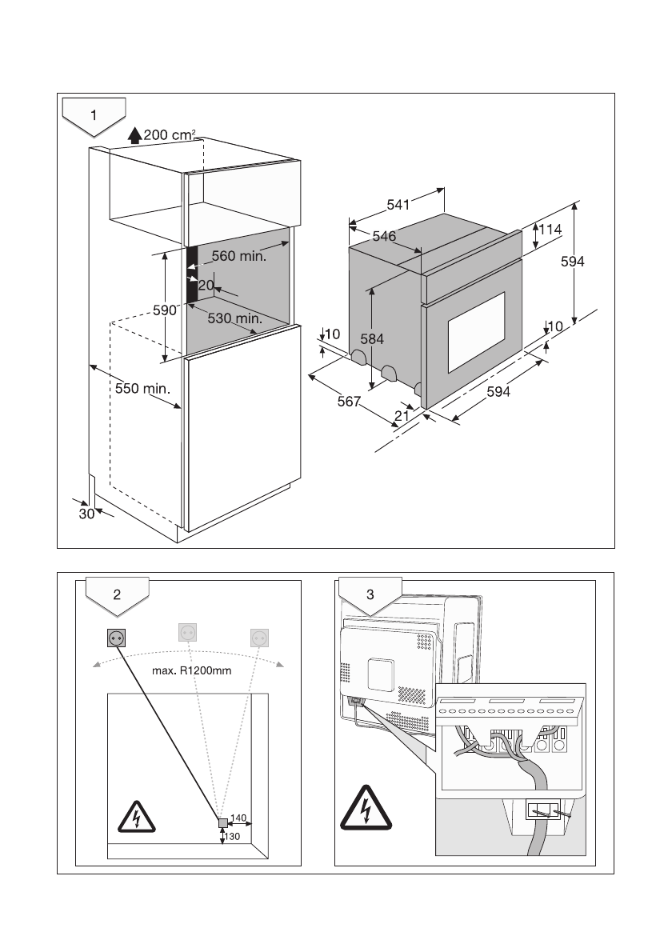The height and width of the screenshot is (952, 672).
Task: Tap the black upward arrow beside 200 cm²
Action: pyautogui.click(x=134, y=136)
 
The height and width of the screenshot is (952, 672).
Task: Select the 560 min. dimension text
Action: pyautogui.click(x=239, y=257)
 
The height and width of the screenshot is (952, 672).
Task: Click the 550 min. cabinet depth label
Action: pyautogui.click(x=142, y=389)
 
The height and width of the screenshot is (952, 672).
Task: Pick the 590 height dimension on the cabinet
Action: pyautogui.click(x=165, y=310)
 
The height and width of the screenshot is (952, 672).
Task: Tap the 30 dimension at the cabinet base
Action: pyautogui.click(x=86, y=514)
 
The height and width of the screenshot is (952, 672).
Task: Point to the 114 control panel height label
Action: pyautogui.click(x=550, y=230)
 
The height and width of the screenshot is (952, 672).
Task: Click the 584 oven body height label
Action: pyautogui.click(x=371, y=339)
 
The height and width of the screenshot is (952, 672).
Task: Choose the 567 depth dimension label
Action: pyautogui.click(x=349, y=401)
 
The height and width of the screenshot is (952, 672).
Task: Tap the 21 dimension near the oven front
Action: pyautogui.click(x=402, y=415)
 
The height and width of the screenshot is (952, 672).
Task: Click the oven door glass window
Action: pyautogui.click(x=476, y=334)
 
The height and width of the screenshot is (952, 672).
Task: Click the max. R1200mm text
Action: pyautogui.click(x=191, y=670)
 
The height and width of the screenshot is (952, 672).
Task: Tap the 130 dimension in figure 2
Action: pyautogui.click(x=233, y=837)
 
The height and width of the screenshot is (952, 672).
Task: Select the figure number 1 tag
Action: pyautogui.click(x=94, y=114)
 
